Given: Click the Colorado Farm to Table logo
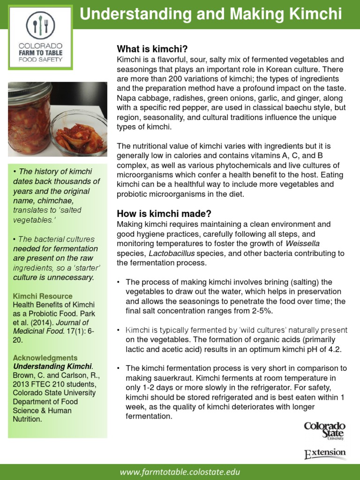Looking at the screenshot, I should coord(40,40).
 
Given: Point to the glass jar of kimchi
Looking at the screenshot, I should coord(29,120).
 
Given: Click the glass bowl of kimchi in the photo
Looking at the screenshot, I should coord(79,133).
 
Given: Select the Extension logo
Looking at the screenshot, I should coord(325,454).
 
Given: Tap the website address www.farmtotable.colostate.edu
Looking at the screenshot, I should coord(180,472).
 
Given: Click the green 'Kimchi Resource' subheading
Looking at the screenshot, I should coord(43,296).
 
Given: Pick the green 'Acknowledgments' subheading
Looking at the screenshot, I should coord(45,358).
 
